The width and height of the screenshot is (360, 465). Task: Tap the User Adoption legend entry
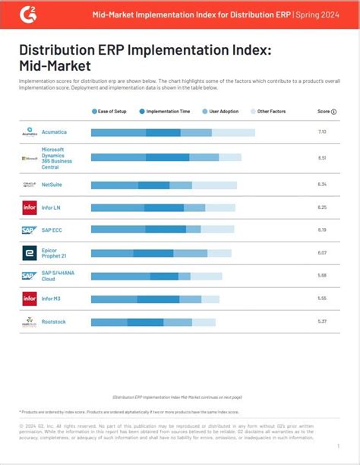pyautogui.click(x=222, y=111)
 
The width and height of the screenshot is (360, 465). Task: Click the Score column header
pyautogui.click(x=326, y=111)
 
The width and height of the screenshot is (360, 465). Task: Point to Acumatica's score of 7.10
pyautogui.click(x=322, y=132)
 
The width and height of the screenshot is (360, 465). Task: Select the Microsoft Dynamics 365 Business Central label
pyautogui.click(x=58, y=158)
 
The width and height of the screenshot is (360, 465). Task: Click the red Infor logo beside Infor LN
pyautogui.click(x=29, y=207)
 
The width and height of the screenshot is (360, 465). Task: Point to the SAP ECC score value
pyautogui.click(x=322, y=229)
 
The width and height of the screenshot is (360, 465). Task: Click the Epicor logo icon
pyautogui.click(x=29, y=253)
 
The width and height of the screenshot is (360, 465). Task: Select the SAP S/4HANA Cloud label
pyautogui.click(x=58, y=276)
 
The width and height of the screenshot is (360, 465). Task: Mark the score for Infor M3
pyautogui.click(x=322, y=299)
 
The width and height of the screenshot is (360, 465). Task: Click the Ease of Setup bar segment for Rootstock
pyautogui.click(x=109, y=322)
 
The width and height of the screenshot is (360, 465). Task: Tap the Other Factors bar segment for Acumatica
pyautogui.click(x=233, y=132)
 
